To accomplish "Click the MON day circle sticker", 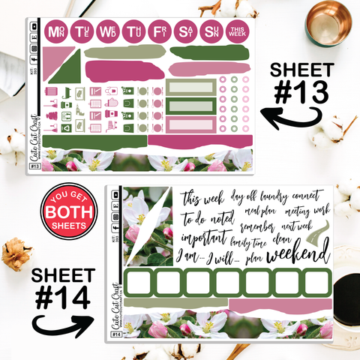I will pyautogui.click(x=55, y=31).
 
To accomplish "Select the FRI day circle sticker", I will pyautogui.click(x=160, y=31).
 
